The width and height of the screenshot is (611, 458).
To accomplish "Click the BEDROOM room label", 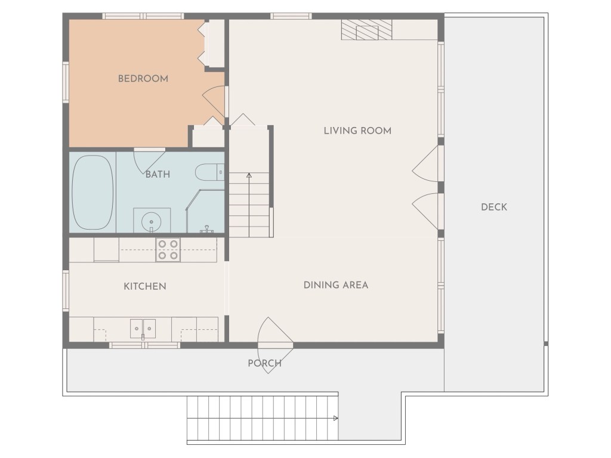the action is click(143, 79).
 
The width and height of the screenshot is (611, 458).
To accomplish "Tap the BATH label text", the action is click(158, 174).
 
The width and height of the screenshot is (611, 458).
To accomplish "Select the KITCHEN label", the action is click(145, 286).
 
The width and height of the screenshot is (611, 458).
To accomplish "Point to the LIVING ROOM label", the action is click(358, 131).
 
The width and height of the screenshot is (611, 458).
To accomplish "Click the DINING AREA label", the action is click(336, 285).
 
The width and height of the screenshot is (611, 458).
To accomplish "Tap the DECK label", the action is click(494, 207).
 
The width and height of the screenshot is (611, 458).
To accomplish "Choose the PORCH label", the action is click(264, 363).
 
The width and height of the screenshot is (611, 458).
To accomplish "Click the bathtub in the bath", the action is click(92, 193).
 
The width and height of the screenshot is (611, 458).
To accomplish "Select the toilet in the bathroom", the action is click(209, 172).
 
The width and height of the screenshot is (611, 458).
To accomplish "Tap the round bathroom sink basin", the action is click(151, 222).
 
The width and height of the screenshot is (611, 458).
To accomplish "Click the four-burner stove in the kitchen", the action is click(168, 250).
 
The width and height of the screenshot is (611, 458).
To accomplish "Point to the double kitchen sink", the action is click(143, 329).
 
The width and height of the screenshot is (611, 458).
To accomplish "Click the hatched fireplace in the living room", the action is click(367, 30).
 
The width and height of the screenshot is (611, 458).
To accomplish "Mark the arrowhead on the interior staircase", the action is click(249, 176).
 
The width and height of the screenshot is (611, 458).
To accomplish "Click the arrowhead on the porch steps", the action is click(335, 418).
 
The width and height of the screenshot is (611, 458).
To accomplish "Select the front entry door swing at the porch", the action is click(275, 345).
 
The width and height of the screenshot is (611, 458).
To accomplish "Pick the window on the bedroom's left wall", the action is click(66, 82).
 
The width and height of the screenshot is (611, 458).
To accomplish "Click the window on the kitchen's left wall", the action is click(66, 291).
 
